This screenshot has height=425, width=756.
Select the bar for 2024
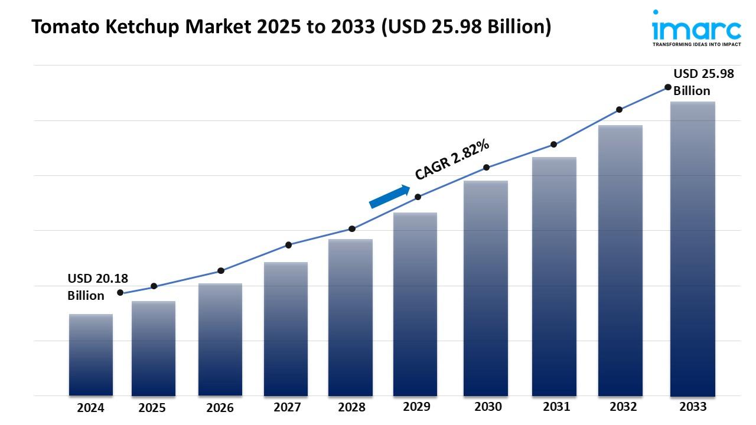90,355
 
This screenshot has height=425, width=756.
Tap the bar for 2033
693,249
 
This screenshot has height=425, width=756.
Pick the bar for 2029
415,304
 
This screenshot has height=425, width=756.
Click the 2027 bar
286,329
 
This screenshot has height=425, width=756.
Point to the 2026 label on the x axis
220,407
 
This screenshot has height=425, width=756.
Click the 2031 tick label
556,407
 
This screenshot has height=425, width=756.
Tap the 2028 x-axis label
351,407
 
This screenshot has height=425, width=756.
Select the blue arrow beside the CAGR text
389,197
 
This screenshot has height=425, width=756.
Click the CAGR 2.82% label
452,159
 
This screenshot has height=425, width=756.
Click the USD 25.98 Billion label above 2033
703,82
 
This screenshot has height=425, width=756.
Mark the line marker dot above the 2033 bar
668,87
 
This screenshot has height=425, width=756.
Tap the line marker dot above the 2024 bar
120,293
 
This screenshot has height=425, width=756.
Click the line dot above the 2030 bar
486,168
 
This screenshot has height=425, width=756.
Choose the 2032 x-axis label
623,407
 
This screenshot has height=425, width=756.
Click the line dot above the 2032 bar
619,110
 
